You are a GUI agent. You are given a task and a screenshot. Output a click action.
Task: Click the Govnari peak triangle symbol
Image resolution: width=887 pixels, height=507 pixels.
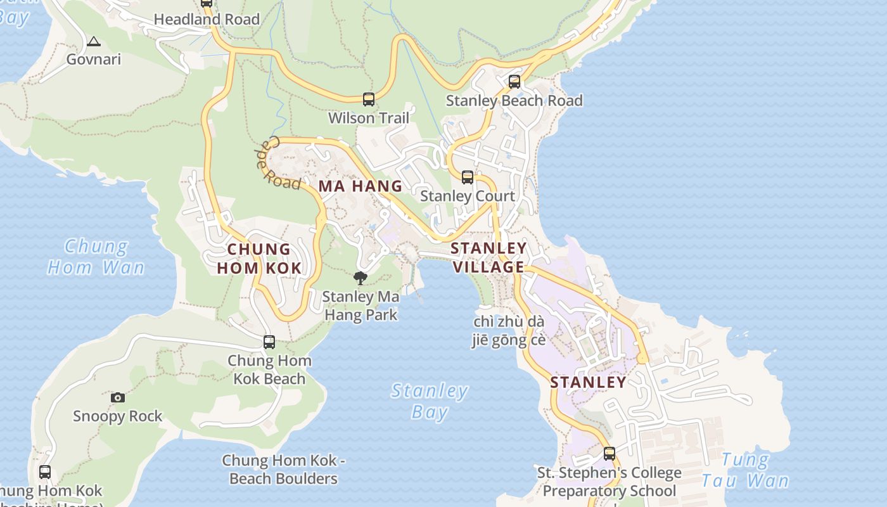click(x=94, y=42)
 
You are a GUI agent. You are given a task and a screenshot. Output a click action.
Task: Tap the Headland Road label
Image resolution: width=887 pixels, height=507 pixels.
click(x=207, y=20)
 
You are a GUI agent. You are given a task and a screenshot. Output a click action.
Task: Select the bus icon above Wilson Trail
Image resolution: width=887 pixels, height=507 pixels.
click(x=369, y=99)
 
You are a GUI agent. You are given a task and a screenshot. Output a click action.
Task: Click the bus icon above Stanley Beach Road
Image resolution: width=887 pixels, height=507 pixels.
click(x=514, y=81)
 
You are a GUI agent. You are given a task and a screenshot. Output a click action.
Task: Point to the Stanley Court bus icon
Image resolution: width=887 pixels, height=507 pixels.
click(x=468, y=177)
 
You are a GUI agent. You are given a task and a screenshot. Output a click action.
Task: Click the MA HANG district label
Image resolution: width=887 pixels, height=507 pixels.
click(x=360, y=186)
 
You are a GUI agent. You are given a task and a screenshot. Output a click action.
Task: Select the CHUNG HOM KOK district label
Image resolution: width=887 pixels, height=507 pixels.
click(x=259, y=259)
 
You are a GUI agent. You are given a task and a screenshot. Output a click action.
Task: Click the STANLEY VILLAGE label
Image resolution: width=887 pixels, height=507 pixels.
click(x=488, y=257)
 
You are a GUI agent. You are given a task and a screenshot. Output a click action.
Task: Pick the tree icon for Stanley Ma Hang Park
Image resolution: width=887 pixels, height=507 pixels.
click(x=360, y=278)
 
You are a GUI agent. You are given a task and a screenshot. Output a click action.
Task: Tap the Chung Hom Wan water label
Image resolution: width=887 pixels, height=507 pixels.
click(x=96, y=257)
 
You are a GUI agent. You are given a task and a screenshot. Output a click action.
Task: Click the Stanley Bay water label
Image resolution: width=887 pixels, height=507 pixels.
click(x=430, y=401)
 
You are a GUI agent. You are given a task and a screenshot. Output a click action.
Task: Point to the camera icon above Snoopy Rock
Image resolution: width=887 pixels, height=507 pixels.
click(x=118, y=397)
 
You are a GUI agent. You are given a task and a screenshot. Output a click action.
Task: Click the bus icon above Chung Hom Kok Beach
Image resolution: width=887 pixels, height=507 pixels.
click(x=269, y=342)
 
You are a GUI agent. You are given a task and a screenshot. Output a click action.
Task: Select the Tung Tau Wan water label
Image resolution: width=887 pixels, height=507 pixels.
click(x=745, y=470)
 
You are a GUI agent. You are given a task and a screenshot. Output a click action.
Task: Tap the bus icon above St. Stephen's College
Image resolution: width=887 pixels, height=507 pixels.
click(x=609, y=454)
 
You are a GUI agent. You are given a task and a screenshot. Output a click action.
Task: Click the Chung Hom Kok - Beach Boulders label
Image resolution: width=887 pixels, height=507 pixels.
click(x=283, y=470)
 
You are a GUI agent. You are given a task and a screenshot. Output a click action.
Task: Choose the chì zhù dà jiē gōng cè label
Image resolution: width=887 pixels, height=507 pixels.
click(x=508, y=331)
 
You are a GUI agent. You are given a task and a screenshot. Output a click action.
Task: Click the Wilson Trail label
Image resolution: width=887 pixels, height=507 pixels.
click(x=369, y=118)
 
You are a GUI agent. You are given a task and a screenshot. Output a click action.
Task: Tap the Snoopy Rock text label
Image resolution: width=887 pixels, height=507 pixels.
click(x=118, y=416)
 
